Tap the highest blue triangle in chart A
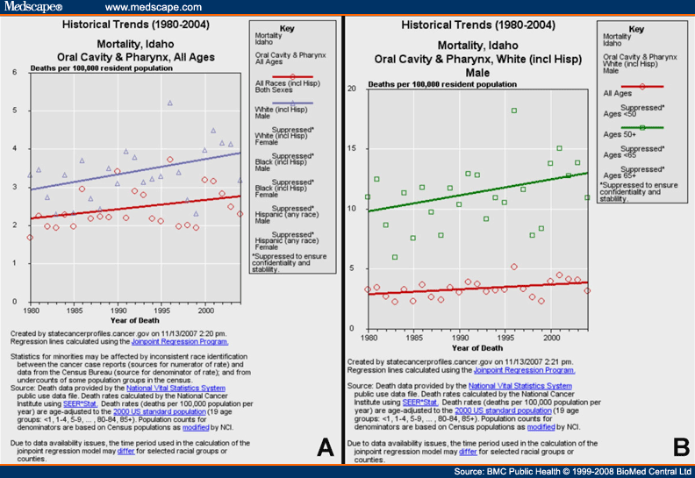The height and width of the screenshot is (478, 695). [x=170, y=103]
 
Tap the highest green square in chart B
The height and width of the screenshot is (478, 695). [x=514, y=111]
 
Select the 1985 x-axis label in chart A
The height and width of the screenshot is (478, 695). [x=75, y=310]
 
